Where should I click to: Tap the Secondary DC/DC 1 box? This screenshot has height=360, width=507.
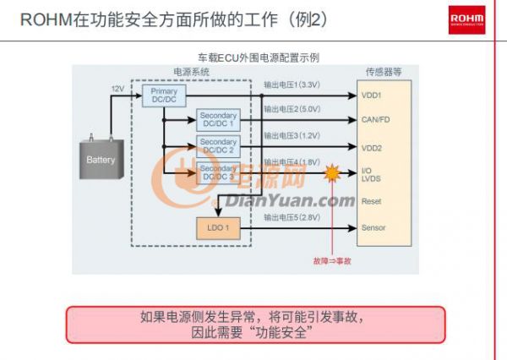pyautogui.click(x=218, y=119)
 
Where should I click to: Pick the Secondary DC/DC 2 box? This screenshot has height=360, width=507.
pyautogui.click(x=218, y=145)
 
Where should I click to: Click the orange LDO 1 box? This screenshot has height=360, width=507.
pyautogui.click(x=218, y=227)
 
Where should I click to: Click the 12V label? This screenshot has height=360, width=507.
pyautogui.click(x=117, y=88)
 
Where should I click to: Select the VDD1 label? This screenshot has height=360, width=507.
pyautogui.click(x=372, y=95)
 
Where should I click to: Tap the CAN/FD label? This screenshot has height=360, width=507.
pyautogui.click(x=376, y=120)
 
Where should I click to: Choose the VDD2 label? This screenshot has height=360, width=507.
pyautogui.click(x=372, y=148)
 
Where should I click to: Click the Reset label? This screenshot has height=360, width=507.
pyautogui.click(x=371, y=201)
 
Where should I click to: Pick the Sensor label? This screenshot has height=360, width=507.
pyautogui.click(x=373, y=228)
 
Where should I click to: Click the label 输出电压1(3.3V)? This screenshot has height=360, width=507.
pyautogui.click(x=292, y=85)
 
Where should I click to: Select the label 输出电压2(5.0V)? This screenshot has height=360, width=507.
pyautogui.click(x=292, y=110)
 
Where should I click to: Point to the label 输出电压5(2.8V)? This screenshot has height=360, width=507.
pyautogui.click(x=292, y=218)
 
